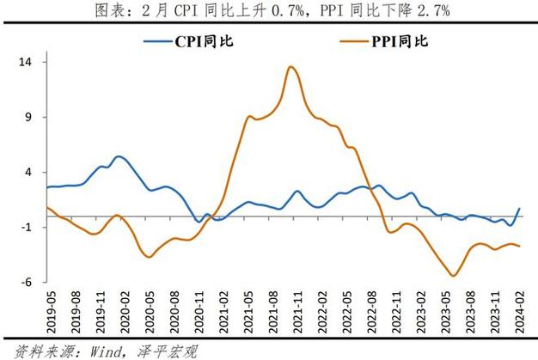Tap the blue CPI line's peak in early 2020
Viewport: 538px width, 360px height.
[x=119, y=156]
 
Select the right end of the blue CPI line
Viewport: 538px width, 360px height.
[x=520, y=209]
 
